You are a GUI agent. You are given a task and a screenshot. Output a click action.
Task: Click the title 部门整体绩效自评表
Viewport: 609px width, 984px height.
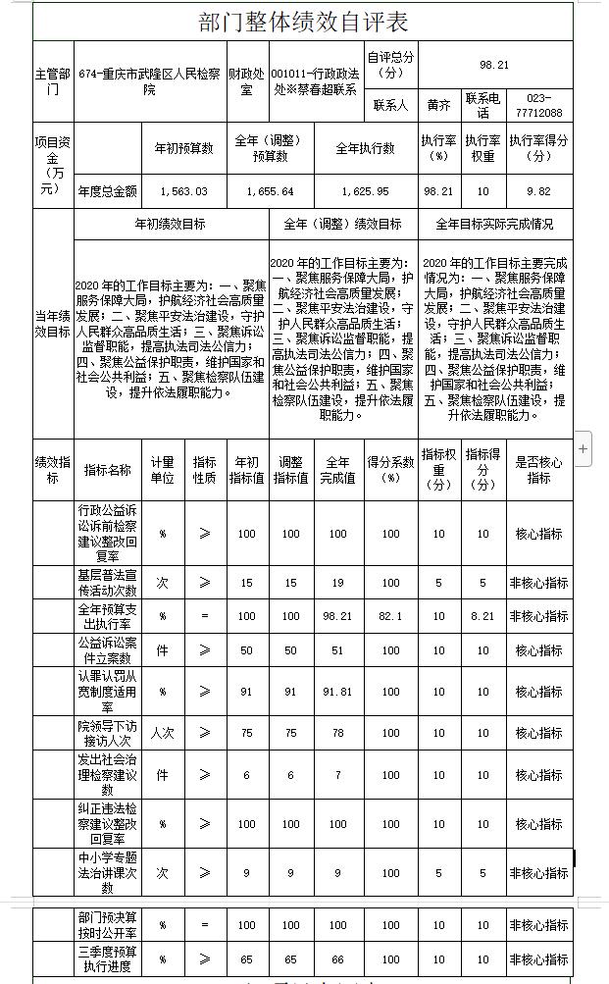point(302,22)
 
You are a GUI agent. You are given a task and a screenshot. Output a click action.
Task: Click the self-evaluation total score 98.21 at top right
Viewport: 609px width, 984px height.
point(494,65)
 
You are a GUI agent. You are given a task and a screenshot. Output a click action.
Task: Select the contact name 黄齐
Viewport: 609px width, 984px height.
point(438,105)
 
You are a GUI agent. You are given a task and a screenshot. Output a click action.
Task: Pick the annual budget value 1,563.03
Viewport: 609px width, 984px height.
point(183,191)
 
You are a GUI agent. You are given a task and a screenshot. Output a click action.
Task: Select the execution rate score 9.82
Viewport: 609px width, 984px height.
point(538,191)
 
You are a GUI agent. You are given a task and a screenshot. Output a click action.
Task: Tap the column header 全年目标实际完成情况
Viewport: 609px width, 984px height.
point(494,224)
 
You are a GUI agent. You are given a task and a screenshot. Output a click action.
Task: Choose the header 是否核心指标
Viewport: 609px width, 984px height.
point(538,470)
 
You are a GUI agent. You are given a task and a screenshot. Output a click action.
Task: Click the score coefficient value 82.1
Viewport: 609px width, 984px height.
point(390,616)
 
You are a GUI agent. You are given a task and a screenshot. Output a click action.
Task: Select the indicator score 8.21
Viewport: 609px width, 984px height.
point(482,616)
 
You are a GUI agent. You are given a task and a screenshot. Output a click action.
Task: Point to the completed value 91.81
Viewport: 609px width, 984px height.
point(337,692)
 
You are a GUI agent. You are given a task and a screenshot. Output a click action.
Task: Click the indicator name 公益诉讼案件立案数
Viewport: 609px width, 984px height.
point(107,649)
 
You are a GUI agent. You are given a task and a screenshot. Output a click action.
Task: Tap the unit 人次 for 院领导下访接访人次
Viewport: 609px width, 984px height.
point(162,733)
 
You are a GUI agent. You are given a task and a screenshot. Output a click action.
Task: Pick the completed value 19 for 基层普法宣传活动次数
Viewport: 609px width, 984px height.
point(337,583)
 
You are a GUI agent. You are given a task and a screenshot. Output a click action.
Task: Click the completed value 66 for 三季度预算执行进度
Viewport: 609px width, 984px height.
point(337,959)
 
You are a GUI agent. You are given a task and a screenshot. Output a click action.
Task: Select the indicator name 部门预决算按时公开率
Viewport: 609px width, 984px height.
point(107,925)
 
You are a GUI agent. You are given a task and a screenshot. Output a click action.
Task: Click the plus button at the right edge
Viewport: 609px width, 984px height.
point(583,449)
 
